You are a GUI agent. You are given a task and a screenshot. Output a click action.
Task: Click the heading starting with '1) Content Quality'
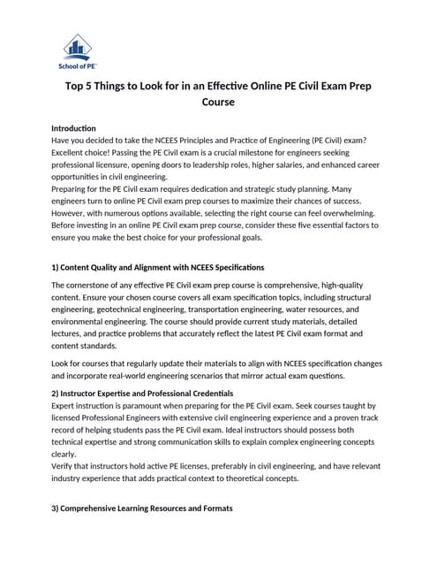158,266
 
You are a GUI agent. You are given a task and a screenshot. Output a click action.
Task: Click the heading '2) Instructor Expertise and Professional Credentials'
142,393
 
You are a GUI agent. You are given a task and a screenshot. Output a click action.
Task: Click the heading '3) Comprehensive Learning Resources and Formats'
142,509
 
